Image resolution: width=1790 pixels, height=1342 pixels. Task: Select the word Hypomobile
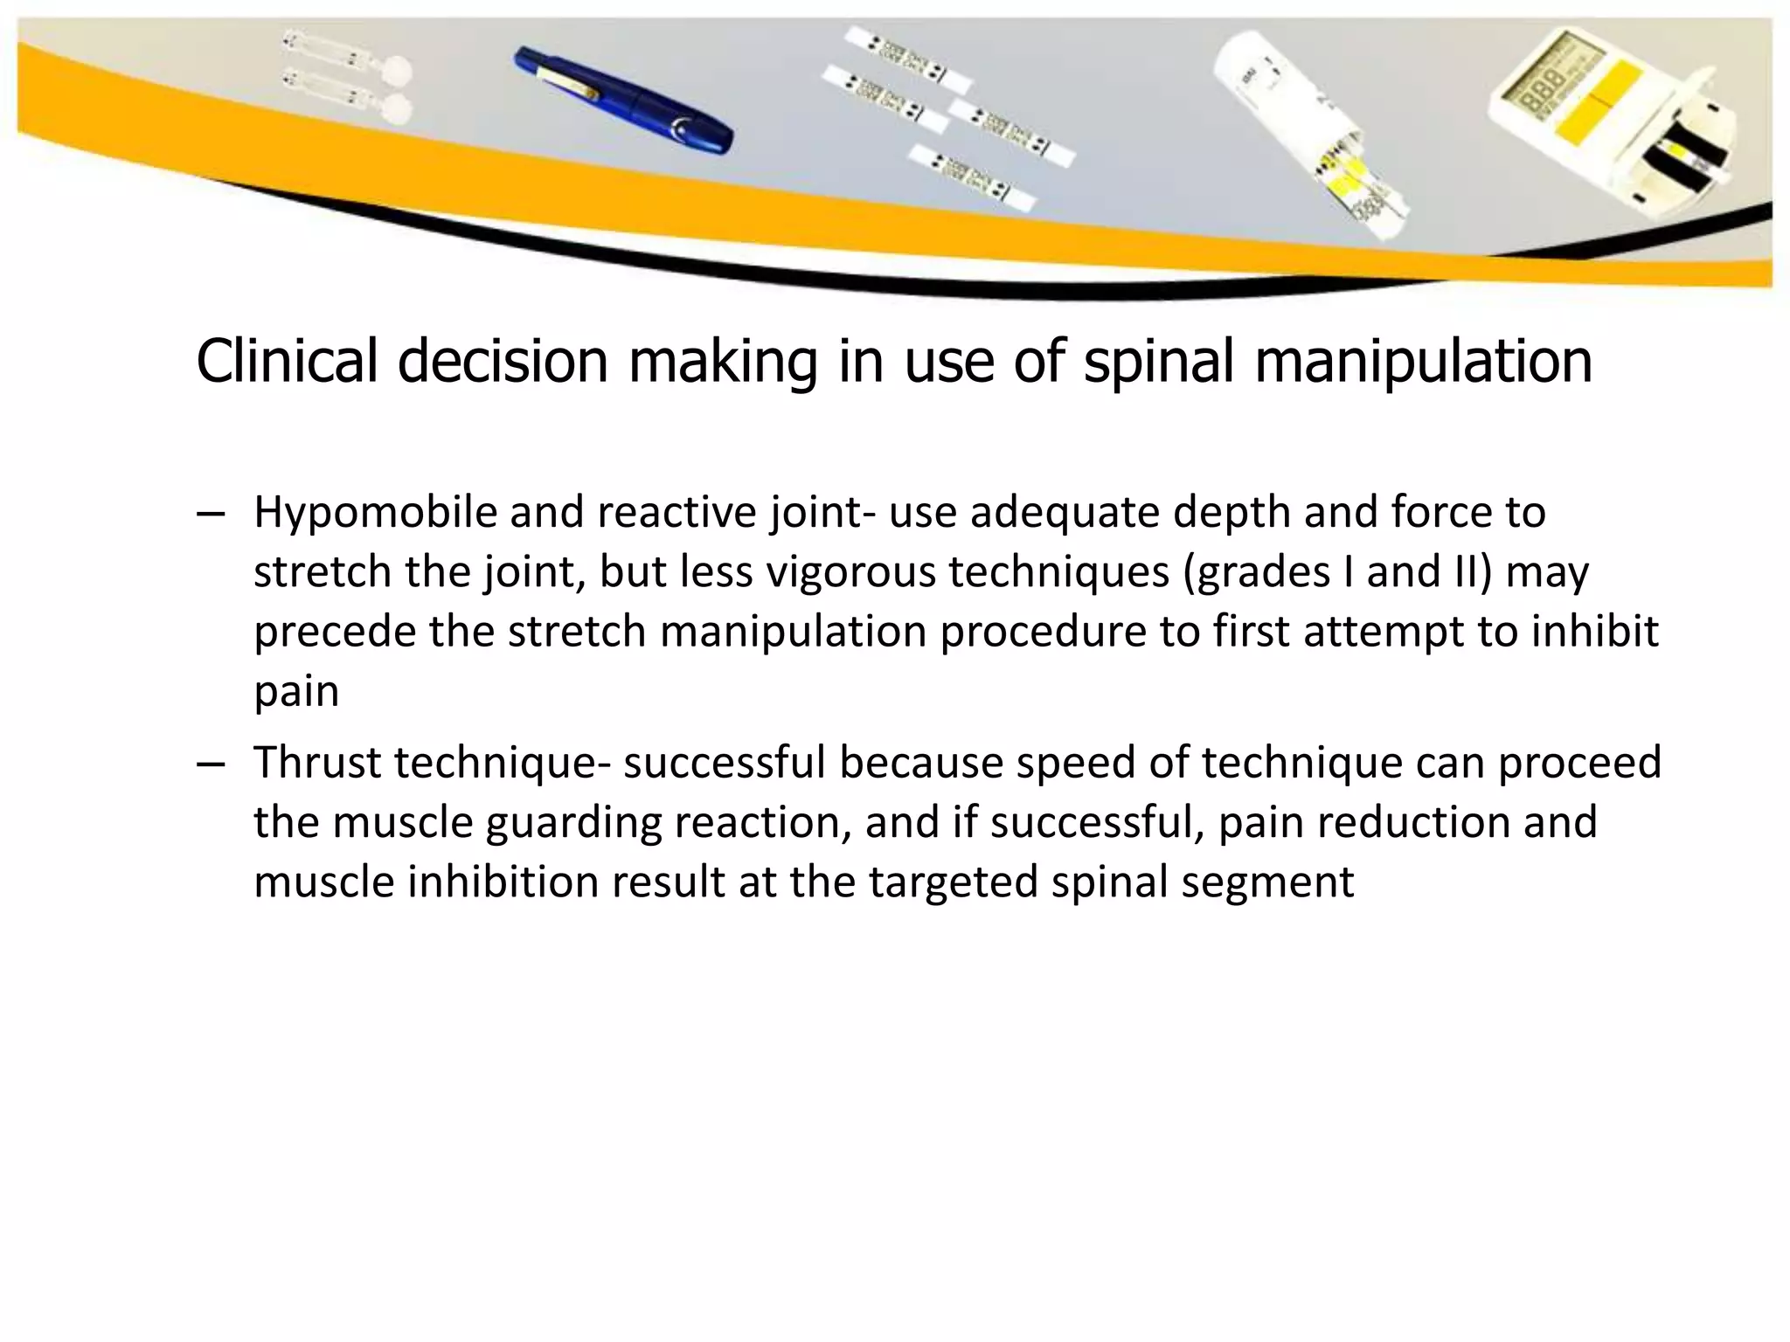coord(375,513)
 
